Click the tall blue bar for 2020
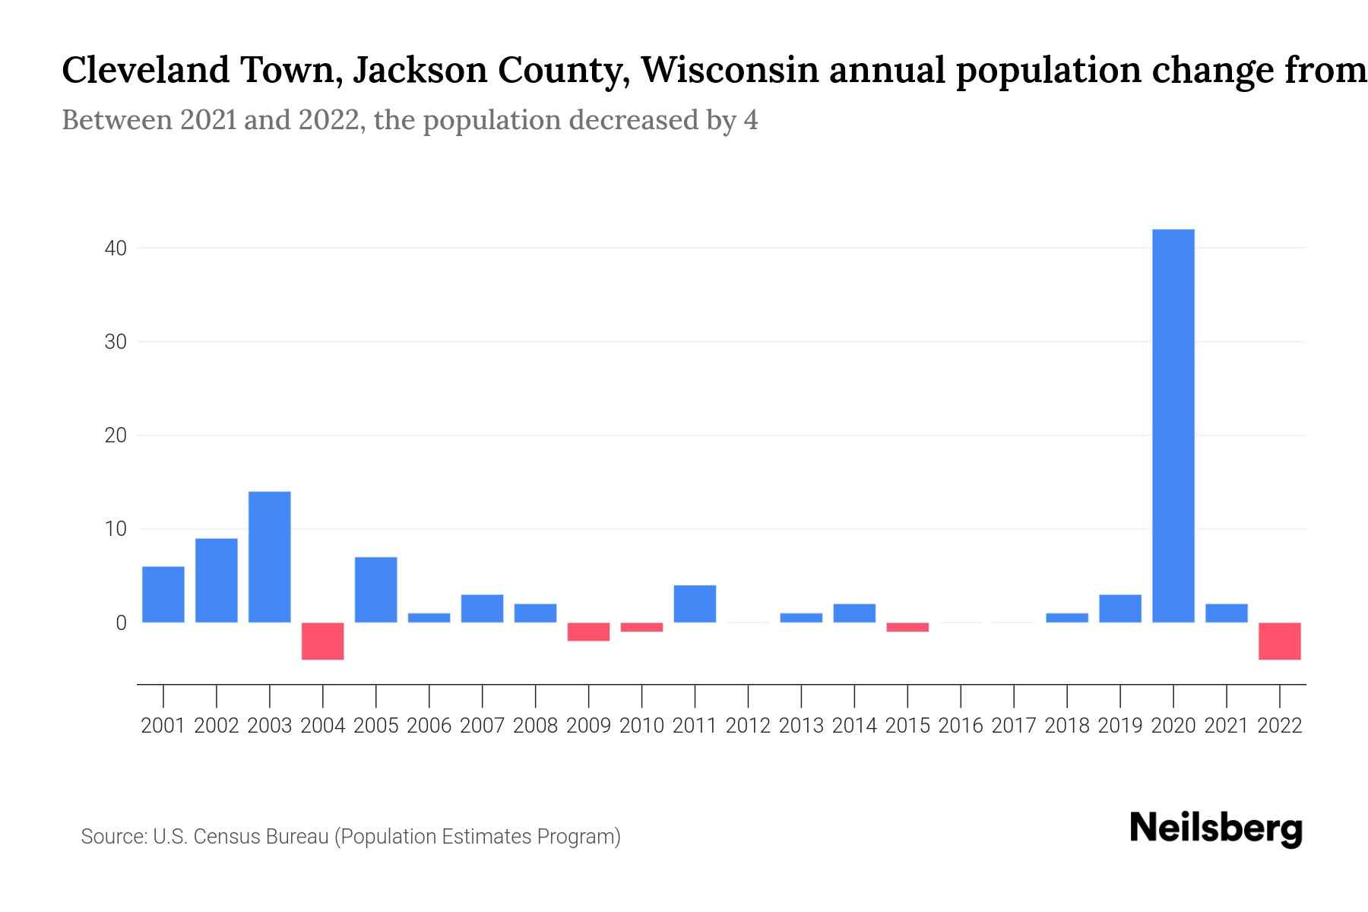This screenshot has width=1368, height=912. pyautogui.click(x=1173, y=426)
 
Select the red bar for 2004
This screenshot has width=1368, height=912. pyautogui.click(x=323, y=641)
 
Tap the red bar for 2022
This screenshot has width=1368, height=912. pyautogui.click(x=1279, y=641)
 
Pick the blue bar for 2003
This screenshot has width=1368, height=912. pyautogui.click(x=270, y=557)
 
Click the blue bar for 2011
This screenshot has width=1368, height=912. pyautogui.click(x=695, y=603)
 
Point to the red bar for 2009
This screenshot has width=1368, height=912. pyautogui.click(x=588, y=632)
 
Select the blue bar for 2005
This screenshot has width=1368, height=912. pyautogui.click(x=375, y=590)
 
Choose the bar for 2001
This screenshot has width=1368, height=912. pyautogui.click(x=163, y=594)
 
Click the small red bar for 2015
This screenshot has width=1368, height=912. pyautogui.click(x=907, y=627)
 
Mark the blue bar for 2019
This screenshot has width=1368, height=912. pyautogui.click(x=1119, y=608)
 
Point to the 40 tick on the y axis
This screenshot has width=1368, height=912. pyautogui.click(x=116, y=249)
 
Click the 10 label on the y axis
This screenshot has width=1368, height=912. pyautogui.click(x=116, y=529)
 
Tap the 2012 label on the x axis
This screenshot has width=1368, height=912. pyautogui.click(x=748, y=726)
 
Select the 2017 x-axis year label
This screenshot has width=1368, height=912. pyautogui.click(x=1013, y=726)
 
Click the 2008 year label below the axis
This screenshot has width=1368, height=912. pyautogui.click(x=535, y=726)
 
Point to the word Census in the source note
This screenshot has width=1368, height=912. pyautogui.click(x=223, y=837)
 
